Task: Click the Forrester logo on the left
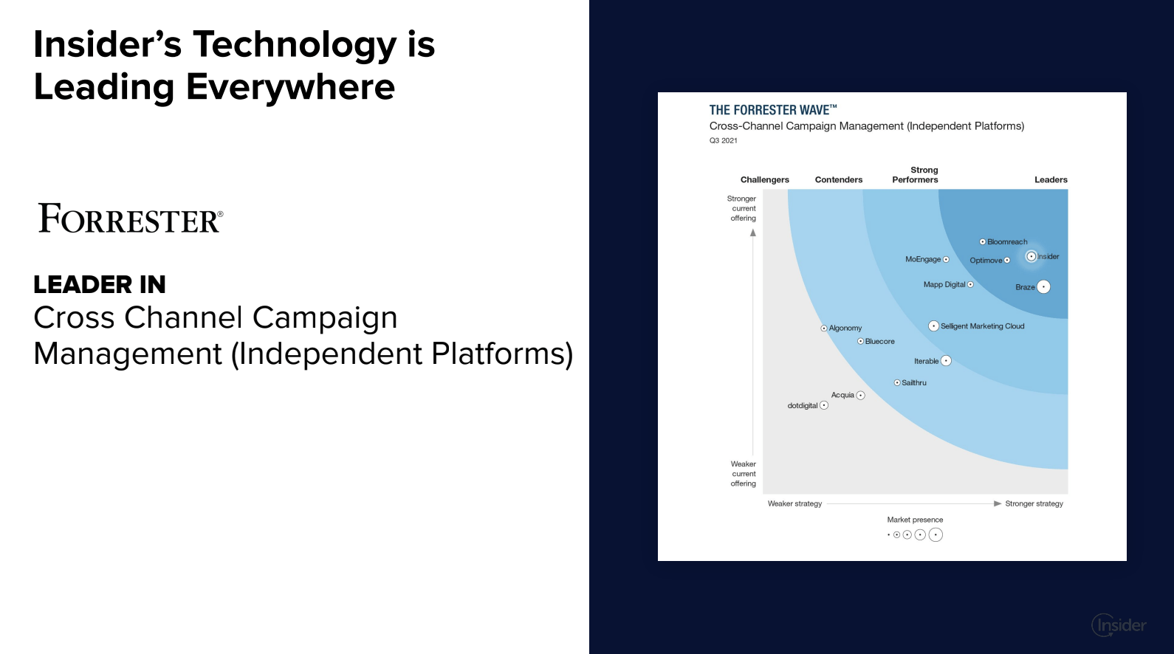[x=131, y=218]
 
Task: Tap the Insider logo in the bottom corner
[x=1119, y=625]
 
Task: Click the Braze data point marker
[x=1043, y=286]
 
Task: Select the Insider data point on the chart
[x=1031, y=256]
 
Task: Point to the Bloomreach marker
[x=983, y=241]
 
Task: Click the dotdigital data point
[x=824, y=405]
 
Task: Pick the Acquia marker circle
[x=861, y=395]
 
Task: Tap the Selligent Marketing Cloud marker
[x=933, y=326]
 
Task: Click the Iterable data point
[x=946, y=360]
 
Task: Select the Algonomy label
[x=845, y=328]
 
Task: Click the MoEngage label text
[x=923, y=259]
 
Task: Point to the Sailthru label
[x=914, y=382]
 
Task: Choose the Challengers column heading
[x=765, y=180]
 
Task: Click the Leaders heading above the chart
[x=1051, y=180]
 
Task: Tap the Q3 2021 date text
[x=724, y=140]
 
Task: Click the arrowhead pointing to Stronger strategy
[x=998, y=503]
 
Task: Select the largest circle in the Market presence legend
[x=936, y=534]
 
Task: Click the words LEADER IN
[x=100, y=284]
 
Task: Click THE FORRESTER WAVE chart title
[x=773, y=109]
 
